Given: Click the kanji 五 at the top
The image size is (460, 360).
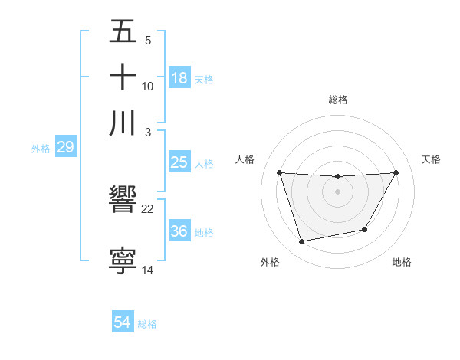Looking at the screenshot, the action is click(123, 32).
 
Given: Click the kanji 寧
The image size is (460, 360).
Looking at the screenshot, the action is click(123, 260).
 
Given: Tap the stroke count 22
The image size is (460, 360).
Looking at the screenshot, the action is click(148, 208).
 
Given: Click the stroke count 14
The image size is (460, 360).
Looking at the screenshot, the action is click(148, 270).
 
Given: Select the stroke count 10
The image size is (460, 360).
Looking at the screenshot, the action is click(148, 87).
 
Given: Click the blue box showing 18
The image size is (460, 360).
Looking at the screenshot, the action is click(179, 77).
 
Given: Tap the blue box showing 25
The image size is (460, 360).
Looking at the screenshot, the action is click(179, 162).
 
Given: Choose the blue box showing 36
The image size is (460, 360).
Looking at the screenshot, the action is click(179, 231).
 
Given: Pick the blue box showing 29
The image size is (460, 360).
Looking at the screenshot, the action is click(65, 147).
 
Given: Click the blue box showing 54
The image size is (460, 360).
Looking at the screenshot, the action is click(123, 323).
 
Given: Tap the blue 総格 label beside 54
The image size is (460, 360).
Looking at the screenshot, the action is click(147, 324).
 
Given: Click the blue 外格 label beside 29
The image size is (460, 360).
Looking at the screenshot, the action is click(41, 148).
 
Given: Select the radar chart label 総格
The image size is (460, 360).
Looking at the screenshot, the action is click(338, 100).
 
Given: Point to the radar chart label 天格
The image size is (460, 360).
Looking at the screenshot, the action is click(431, 159).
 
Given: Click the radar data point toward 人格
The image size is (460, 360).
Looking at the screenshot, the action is click(279, 172).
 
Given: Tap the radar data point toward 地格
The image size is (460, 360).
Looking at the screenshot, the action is click(365, 229).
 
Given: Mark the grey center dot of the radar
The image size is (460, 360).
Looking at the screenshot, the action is click(338, 191).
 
